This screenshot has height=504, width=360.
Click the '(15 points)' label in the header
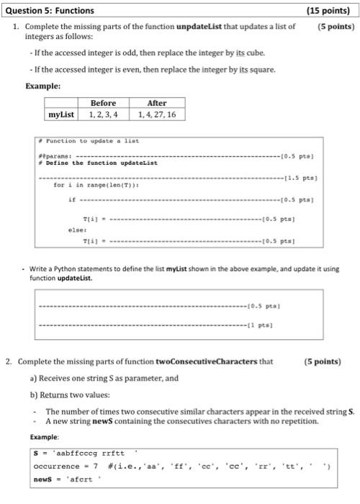pyautogui.click(x=330, y=10)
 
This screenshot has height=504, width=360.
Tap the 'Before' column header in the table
pyautogui.click(x=104, y=103)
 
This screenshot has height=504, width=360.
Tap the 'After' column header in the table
pyautogui.click(x=156, y=103)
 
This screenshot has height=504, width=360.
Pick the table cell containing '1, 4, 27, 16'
pyautogui.click(x=156, y=114)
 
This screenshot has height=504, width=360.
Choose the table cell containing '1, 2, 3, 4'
pyautogui.click(x=104, y=114)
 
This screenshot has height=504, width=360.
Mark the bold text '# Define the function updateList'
pyautogui.click(x=98, y=162)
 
